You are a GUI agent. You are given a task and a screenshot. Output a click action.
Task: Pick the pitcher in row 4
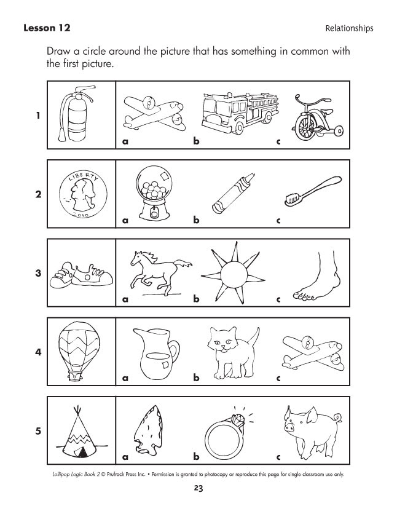pyautogui.click(x=155, y=353)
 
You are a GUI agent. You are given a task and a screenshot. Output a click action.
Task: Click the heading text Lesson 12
pyautogui.click(x=47, y=28)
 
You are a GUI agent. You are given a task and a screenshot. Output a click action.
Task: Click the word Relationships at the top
pyautogui.click(x=349, y=28)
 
